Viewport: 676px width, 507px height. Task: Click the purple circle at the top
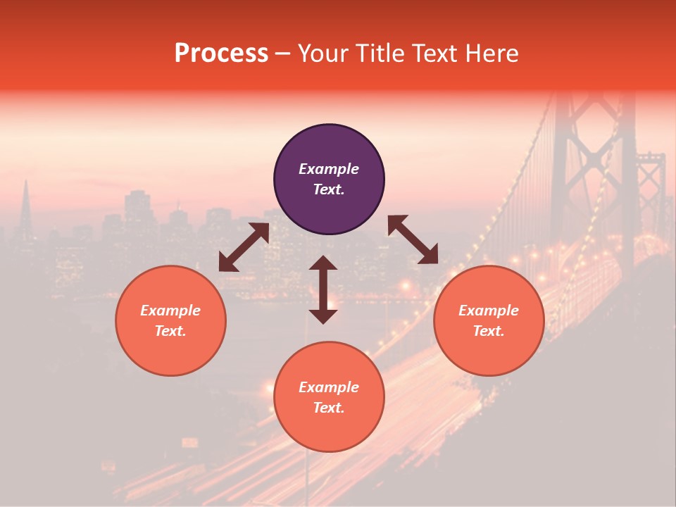coord(329,180)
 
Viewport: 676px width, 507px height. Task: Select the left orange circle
coord(170,320)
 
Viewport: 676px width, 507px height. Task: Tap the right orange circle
coord(489,320)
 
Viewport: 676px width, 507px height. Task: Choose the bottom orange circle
coord(329,397)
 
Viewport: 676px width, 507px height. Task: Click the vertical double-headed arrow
coord(323,289)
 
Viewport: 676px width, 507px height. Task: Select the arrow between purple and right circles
coord(413,239)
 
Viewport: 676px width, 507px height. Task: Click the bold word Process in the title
coord(221,54)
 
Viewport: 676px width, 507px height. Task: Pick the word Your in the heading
coord(322,54)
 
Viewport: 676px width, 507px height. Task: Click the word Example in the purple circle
coord(329,169)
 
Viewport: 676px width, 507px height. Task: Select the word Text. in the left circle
coord(170,331)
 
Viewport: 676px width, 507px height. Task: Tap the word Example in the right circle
coord(489,311)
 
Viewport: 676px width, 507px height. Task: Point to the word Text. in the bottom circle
coord(329,408)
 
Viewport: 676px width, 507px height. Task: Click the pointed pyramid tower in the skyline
coord(25,208)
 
